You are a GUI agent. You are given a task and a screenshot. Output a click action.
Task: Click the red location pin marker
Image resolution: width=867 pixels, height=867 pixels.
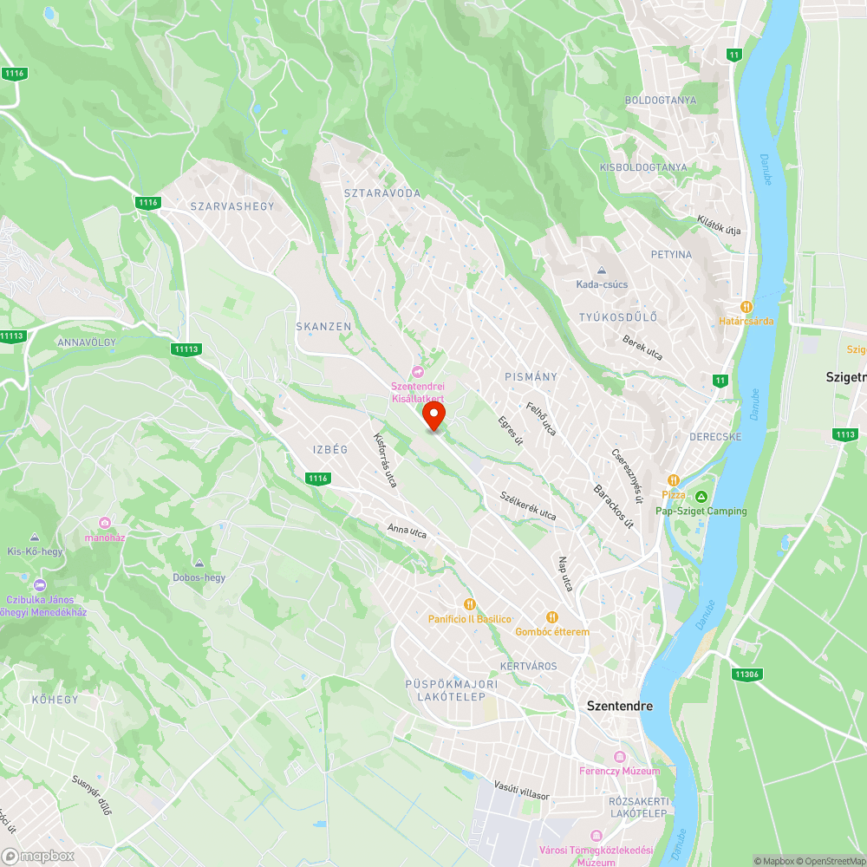[x=433, y=415]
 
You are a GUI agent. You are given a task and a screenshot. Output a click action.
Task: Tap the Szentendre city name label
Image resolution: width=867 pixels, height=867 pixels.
[x=619, y=706]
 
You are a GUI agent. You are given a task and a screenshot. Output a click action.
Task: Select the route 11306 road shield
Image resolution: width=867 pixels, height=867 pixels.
[x=746, y=674]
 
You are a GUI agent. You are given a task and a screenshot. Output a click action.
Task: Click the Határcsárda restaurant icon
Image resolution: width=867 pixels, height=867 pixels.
[x=746, y=306]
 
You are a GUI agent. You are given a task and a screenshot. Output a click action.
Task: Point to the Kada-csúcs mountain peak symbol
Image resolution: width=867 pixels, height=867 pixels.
[x=602, y=271]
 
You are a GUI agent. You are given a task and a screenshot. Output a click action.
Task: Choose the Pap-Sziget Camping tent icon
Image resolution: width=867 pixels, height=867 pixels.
[x=701, y=496]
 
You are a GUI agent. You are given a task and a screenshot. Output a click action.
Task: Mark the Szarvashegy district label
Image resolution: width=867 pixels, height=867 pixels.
[x=231, y=206]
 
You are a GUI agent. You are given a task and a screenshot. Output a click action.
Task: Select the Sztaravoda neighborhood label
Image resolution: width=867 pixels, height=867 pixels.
[x=381, y=193]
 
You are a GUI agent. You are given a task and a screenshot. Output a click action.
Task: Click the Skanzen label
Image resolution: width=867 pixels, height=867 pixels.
[x=323, y=327]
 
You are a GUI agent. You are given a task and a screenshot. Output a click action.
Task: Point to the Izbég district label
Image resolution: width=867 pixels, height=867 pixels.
[x=329, y=449]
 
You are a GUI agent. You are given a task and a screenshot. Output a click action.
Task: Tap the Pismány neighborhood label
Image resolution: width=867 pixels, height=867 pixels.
[x=531, y=377]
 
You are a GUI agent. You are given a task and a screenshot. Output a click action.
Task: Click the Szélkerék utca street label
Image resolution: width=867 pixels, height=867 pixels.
[x=528, y=506]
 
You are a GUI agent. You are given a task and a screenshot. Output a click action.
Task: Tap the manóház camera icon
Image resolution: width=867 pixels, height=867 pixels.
[x=105, y=522]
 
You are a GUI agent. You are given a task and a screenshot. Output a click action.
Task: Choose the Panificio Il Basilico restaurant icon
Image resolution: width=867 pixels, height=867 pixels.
[x=470, y=604]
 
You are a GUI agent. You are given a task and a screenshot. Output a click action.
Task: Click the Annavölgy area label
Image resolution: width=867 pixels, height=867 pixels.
[x=86, y=342]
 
